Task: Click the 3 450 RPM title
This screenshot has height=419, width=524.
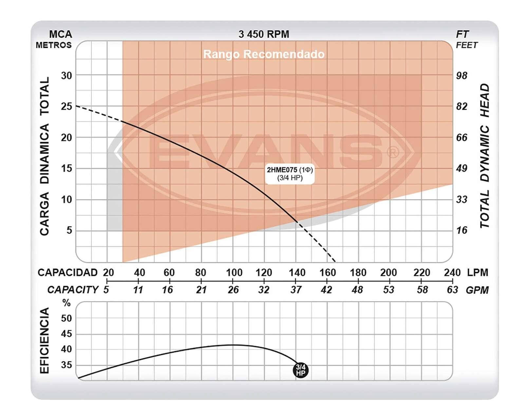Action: point(264,34)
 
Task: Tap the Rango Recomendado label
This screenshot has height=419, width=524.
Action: point(264,54)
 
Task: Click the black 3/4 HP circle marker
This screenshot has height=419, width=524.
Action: point(301,370)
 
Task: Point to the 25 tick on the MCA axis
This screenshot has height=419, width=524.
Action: point(66,106)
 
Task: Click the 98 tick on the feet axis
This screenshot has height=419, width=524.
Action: point(461,76)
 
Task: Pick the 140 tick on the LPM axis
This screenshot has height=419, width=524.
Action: point(297,272)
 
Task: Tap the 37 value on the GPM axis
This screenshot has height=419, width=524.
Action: point(296,290)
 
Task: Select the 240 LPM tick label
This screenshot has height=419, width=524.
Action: point(452,272)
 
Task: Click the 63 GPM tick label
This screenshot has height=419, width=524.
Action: point(452,290)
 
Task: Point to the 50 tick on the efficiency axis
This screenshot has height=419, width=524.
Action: point(66,318)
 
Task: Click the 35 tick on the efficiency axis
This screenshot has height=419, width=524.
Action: point(66,365)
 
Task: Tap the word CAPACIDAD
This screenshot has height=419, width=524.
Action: point(67,272)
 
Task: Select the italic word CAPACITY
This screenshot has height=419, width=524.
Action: point(73,290)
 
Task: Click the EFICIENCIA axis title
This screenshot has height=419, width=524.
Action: point(45,340)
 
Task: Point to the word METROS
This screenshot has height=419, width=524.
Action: point(54,45)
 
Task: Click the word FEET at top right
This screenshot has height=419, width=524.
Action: point(467,45)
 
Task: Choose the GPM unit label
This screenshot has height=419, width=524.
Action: point(477,290)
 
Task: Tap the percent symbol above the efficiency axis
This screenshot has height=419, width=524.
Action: point(66,303)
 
